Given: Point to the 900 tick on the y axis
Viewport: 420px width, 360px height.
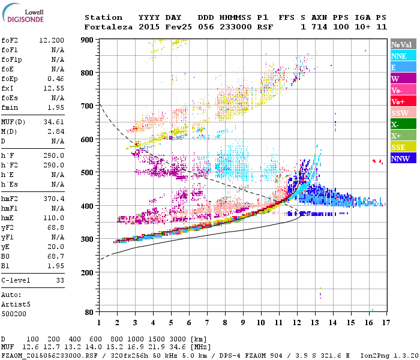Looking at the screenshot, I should tap(86, 40).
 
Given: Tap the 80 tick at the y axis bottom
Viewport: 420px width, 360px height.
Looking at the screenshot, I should tap(88, 312).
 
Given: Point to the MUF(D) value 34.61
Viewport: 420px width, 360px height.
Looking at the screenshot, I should tap(55, 122).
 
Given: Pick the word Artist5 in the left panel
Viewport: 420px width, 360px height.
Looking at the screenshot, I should tap(16, 304).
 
